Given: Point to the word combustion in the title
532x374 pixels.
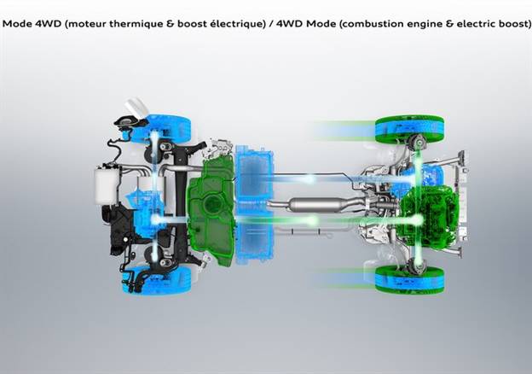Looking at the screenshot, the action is click(368, 24).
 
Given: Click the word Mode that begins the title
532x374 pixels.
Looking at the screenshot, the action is click(17, 24).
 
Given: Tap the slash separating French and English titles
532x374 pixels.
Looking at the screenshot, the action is click(271, 24).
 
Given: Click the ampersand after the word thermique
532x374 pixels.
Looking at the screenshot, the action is click(169, 24).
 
